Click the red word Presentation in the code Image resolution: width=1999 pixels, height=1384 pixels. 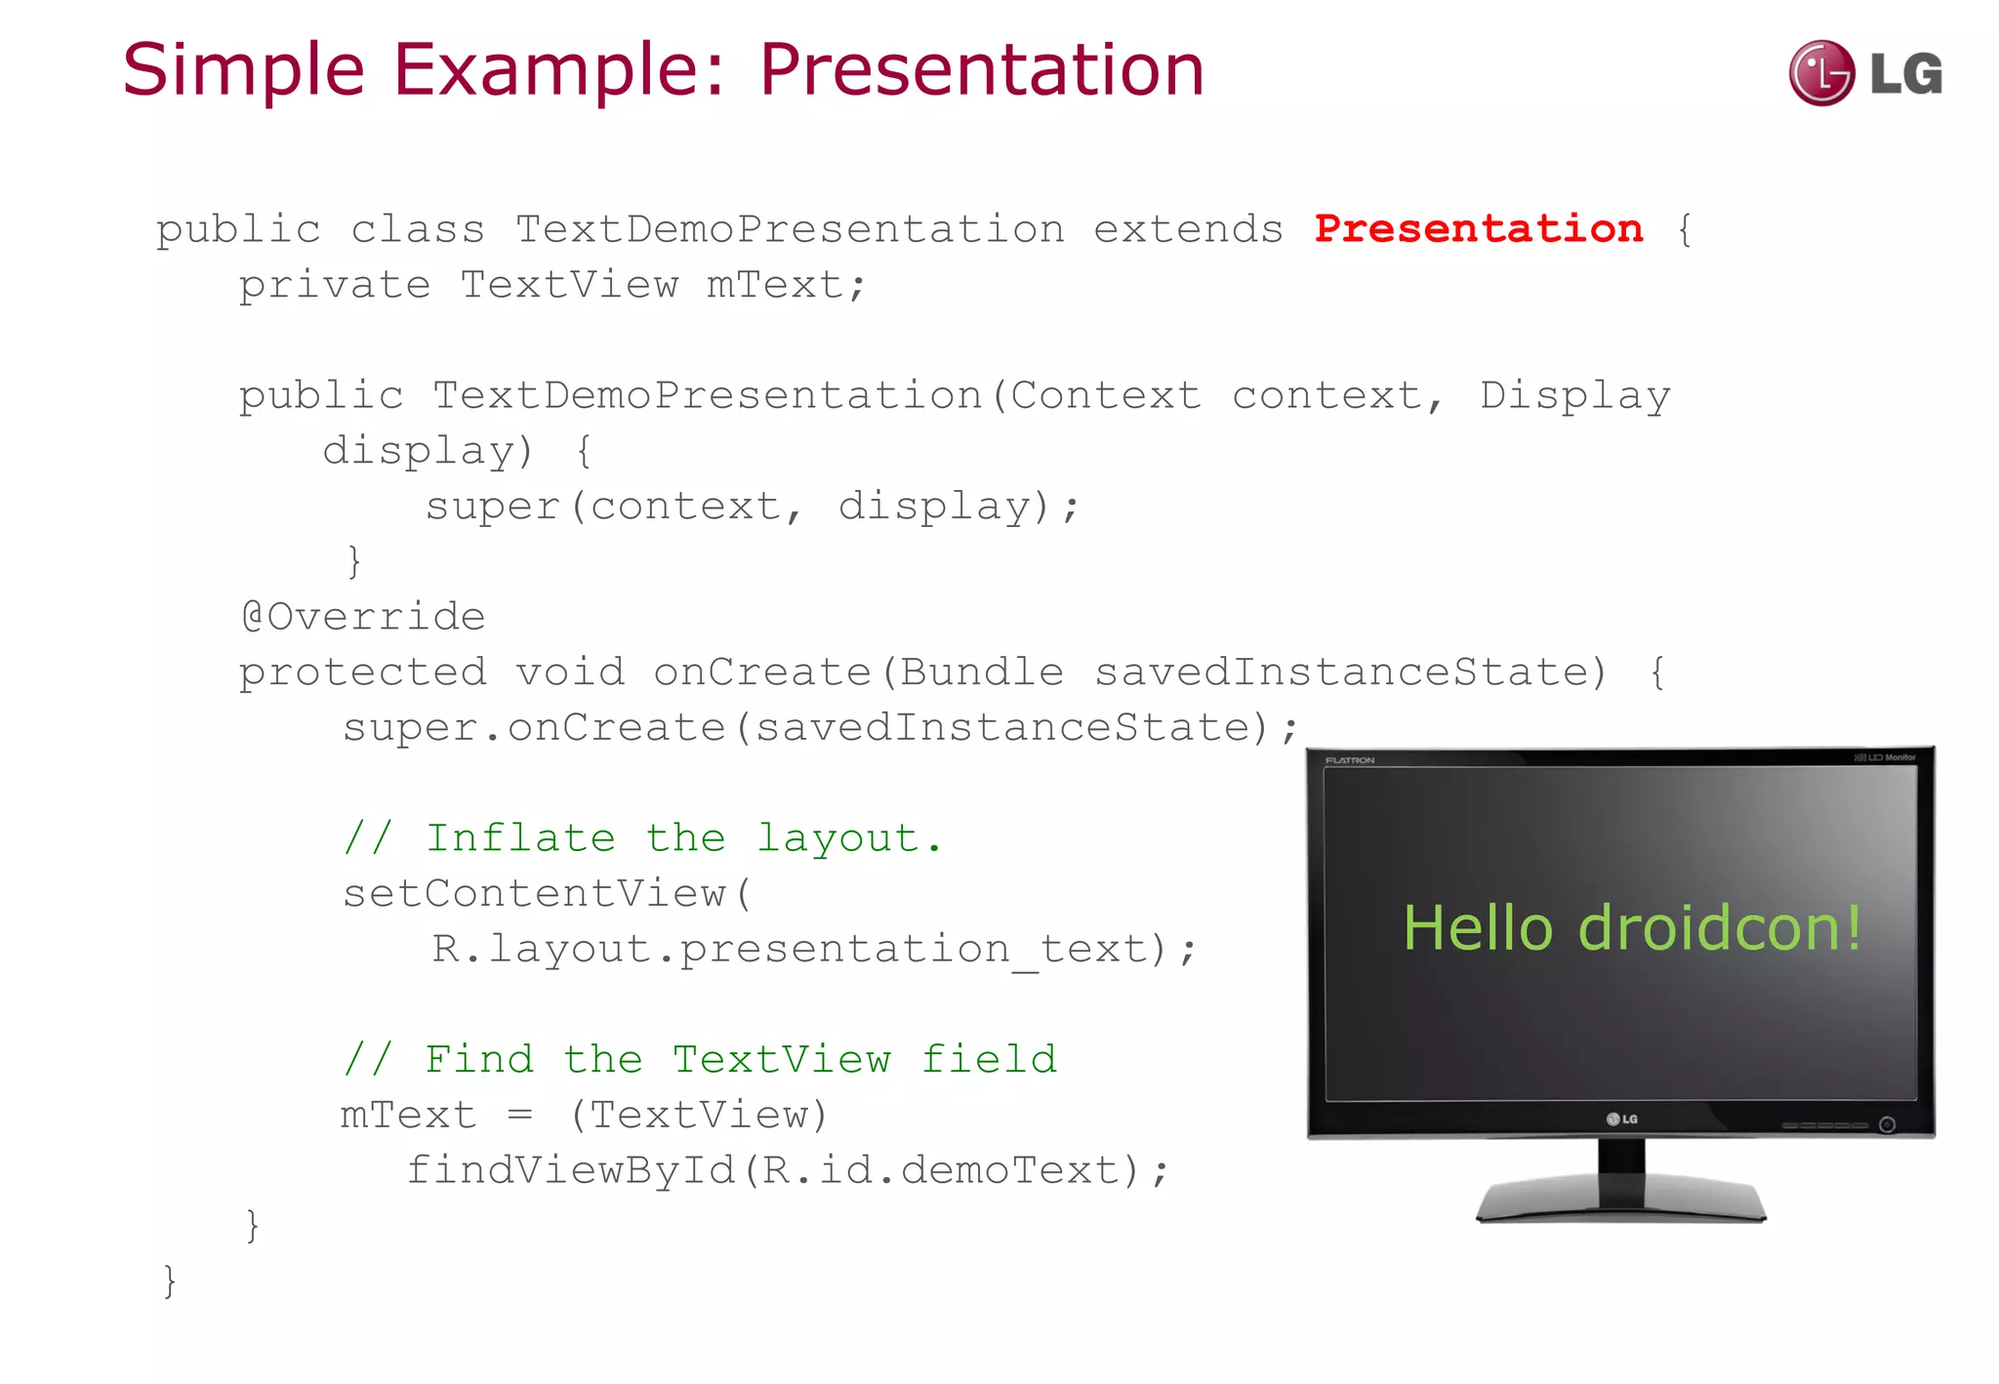pyautogui.click(x=1478, y=228)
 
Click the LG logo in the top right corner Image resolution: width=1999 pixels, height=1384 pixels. pyautogui.click(x=1864, y=73)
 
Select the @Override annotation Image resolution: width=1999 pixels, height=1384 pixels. pyautogui.click(x=363, y=616)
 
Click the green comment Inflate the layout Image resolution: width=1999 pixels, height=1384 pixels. pyautogui.click(x=642, y=838)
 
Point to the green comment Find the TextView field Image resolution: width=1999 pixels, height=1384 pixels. pyautogui.click(x=700, y=1059)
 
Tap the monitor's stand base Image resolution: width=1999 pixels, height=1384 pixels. pyautogui.click(x=1620, y=1201)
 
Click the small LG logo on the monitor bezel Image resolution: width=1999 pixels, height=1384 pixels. pyautogui.click(x=1621, y=1119)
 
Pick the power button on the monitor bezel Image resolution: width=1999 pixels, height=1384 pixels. pyautogui.click(x=1887, y=1124)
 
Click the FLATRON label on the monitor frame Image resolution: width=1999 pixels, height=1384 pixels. pyautogui.click(x=1349, y=760)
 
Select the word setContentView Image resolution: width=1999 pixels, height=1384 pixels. pyautogui.click(x=534, y=894)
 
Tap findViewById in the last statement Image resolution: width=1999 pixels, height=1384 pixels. pyautogui.click(x=571, y=1170)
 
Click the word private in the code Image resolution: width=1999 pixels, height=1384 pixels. pyautogui.click(x=334, y=285)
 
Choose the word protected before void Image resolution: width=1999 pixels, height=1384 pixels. pyautogui.click(x=362, y=672)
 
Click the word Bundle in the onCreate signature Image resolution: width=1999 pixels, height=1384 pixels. pyautogui.click(x=981, y=672)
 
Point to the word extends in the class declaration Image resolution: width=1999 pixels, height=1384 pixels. pyautogui.click(x=1188, y=229)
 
